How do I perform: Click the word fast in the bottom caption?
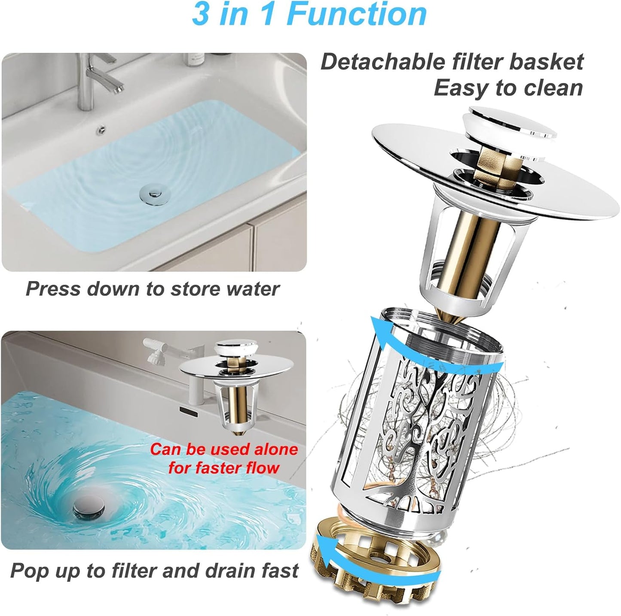pos(280,571)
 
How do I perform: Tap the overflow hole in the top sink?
pos(102,127)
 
